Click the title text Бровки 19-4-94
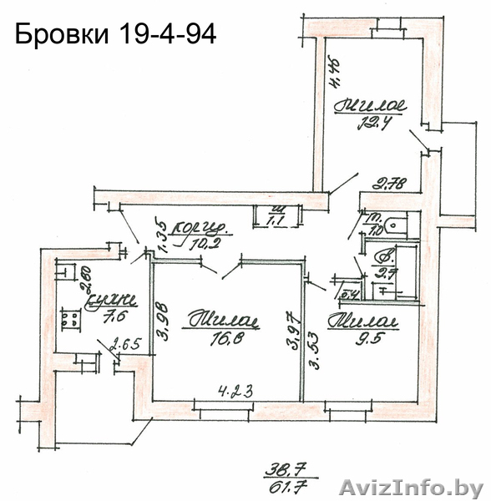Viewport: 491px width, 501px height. tap(116, 36)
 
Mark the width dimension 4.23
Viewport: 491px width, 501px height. tap(236, 389)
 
